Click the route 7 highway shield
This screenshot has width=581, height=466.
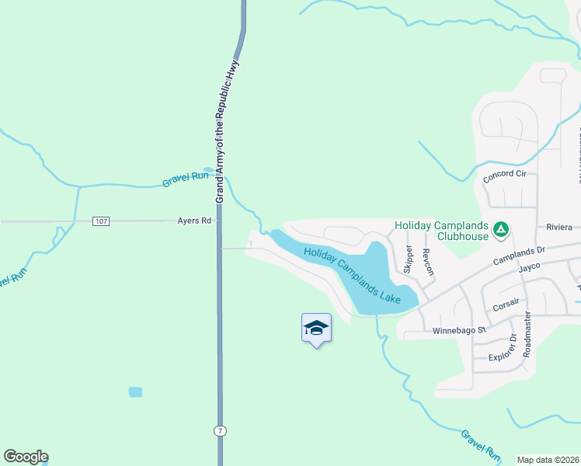click(x=221, y=430)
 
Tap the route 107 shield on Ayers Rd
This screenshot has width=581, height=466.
click(x=100, y=221)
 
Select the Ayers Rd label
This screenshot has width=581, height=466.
click(x=194, y=221)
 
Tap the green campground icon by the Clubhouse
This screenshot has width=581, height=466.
click(x=502, y=229)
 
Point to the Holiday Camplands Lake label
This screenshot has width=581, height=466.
click(x=352, y=274)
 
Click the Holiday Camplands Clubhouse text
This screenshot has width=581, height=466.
click(x=441, y=231)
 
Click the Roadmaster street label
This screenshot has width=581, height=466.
click(x=527, y=334)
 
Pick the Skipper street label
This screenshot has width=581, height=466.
click(x=408, y=259)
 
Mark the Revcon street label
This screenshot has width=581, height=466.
click(x=427, y=262)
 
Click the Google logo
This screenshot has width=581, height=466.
click(x=26, y=457)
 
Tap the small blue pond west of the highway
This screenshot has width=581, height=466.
click(x=135, y=392)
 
